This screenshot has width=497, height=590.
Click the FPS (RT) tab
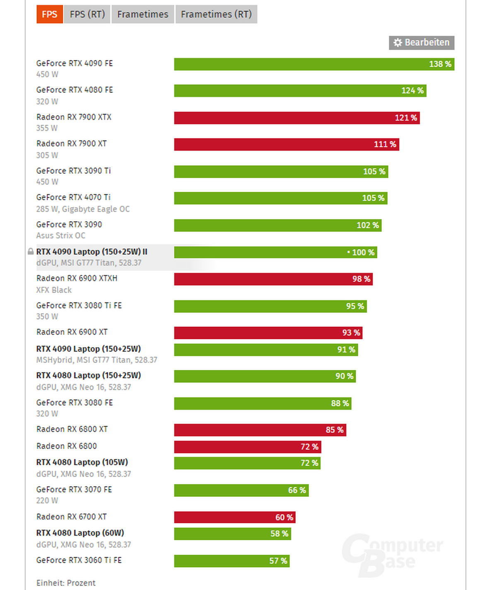pyautogui.click(x=87, y=15)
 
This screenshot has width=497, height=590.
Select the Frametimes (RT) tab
pyautogui.click(x=216, y=15)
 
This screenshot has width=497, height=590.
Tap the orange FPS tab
pyautogui.click(x=49, y=15)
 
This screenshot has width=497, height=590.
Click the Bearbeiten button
pyautogui.click(x=421, y=43)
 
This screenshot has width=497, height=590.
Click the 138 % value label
pyautogui.click(x=440, y=64)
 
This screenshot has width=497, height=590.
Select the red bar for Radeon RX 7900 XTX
pyautogui.click(x=297, y=118)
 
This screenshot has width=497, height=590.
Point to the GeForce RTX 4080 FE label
pyautogui.click(x=75, y=90)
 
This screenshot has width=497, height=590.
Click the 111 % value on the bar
pyautogui.click(x=385, y=145)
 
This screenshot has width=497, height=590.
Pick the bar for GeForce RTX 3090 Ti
pyautogui.click(x=281, y=172)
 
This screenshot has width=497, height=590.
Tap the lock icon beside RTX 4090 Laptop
pyautogui.click(x=31, y=251)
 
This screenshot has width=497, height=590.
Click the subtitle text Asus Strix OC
pyautogui.click(x=60, y=236)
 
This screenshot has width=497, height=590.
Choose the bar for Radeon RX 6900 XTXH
pyautogui.click(x=273, y=279)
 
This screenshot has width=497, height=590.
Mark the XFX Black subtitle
pyautogui.click(x=54, y=290)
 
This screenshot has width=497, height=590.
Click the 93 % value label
pyautogui.click(x=351, y=333)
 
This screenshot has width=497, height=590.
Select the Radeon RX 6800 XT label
pyautogui.click(x=72, y=429)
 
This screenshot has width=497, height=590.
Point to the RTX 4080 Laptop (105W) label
pyautogui.click(x=82, y=462)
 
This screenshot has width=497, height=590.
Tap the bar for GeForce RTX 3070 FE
pyautogui.click(x=241, y=491)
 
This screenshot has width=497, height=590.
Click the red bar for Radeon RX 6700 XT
pyautogui.click(x=234, y=517)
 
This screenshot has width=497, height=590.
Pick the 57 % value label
pyautogui.click(x=278, y=561)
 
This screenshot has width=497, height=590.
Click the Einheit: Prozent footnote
pyautogui.click(x=66, y=583)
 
